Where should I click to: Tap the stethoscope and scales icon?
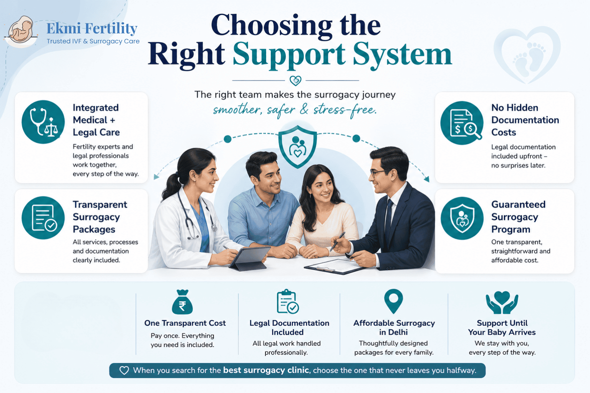tap(43, 122)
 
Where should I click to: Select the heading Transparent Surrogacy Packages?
tap(100, 216)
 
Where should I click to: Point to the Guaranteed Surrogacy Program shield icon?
tap(462, 218)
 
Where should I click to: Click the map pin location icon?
tap(393, 301)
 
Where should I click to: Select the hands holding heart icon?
tap(502, 302)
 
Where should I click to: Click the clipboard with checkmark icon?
tap(288, 302)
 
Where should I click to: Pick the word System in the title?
tap(403, 55)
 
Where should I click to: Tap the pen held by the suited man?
tap(337, 241)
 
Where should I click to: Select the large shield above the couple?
tap(298, 147)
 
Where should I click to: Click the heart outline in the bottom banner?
tap(124, 370)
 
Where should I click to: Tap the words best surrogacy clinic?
tap(266, 370)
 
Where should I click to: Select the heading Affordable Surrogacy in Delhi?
tap(394, 327)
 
